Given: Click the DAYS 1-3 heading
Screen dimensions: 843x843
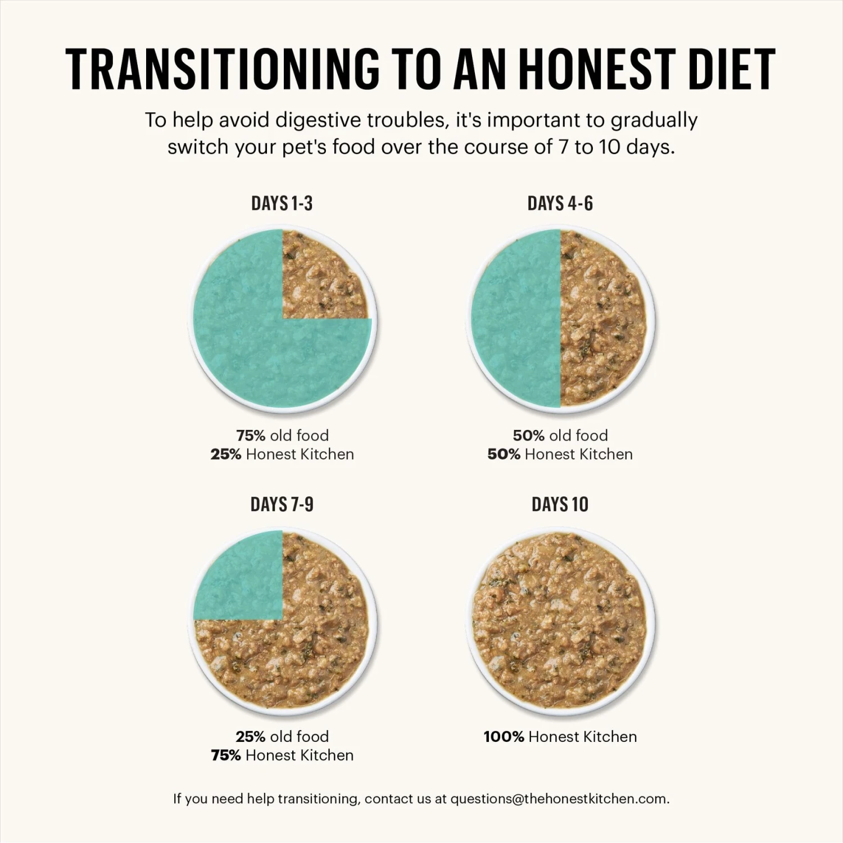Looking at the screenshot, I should coord(282,203).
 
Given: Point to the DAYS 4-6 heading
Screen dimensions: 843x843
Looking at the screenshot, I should coord(560,203).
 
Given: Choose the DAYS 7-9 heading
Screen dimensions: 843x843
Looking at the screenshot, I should coord(282,504).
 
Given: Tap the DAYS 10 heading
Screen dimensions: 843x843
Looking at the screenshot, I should coord(560,504).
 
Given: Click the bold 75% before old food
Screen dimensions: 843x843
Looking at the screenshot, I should coord(250,436).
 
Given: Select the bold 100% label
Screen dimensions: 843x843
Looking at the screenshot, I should coord(504,736).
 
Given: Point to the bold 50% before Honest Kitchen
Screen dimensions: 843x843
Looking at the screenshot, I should coord(504,454).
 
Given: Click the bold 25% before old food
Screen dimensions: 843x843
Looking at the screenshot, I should coord(250,736).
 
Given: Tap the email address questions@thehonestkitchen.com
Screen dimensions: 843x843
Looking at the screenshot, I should coord(559,799).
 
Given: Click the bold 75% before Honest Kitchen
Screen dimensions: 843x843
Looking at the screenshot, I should coord(226,755).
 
